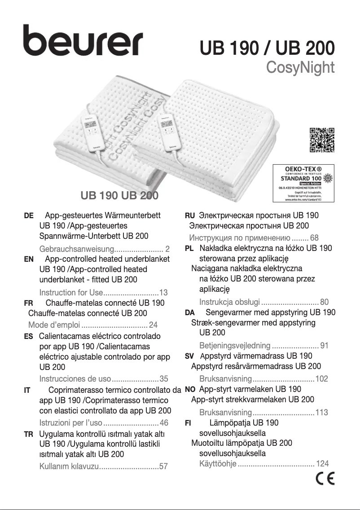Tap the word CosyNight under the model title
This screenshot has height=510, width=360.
(x=300, y=67)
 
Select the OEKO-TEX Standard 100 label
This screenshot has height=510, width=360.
(x=304, y=182)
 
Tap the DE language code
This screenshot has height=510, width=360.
(x=28, y=216)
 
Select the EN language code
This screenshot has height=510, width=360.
(x=28, y=259)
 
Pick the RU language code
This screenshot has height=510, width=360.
(x=190, y=216)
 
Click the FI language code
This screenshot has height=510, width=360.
(x=189, y=423)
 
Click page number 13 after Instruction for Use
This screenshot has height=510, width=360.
(x=163, y=293)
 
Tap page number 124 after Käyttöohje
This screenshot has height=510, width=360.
(x=322, y=463)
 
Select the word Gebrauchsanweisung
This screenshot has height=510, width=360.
(x=77, y=249)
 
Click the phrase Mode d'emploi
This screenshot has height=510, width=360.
(x=54, y=325)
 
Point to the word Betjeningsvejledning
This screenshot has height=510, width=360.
(x=235, y=346)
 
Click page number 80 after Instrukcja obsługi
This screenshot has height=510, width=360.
(x=325, y=302)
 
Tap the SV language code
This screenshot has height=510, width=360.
(x=189, y=356)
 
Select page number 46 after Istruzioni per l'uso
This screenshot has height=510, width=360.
(x=164, y=423)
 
